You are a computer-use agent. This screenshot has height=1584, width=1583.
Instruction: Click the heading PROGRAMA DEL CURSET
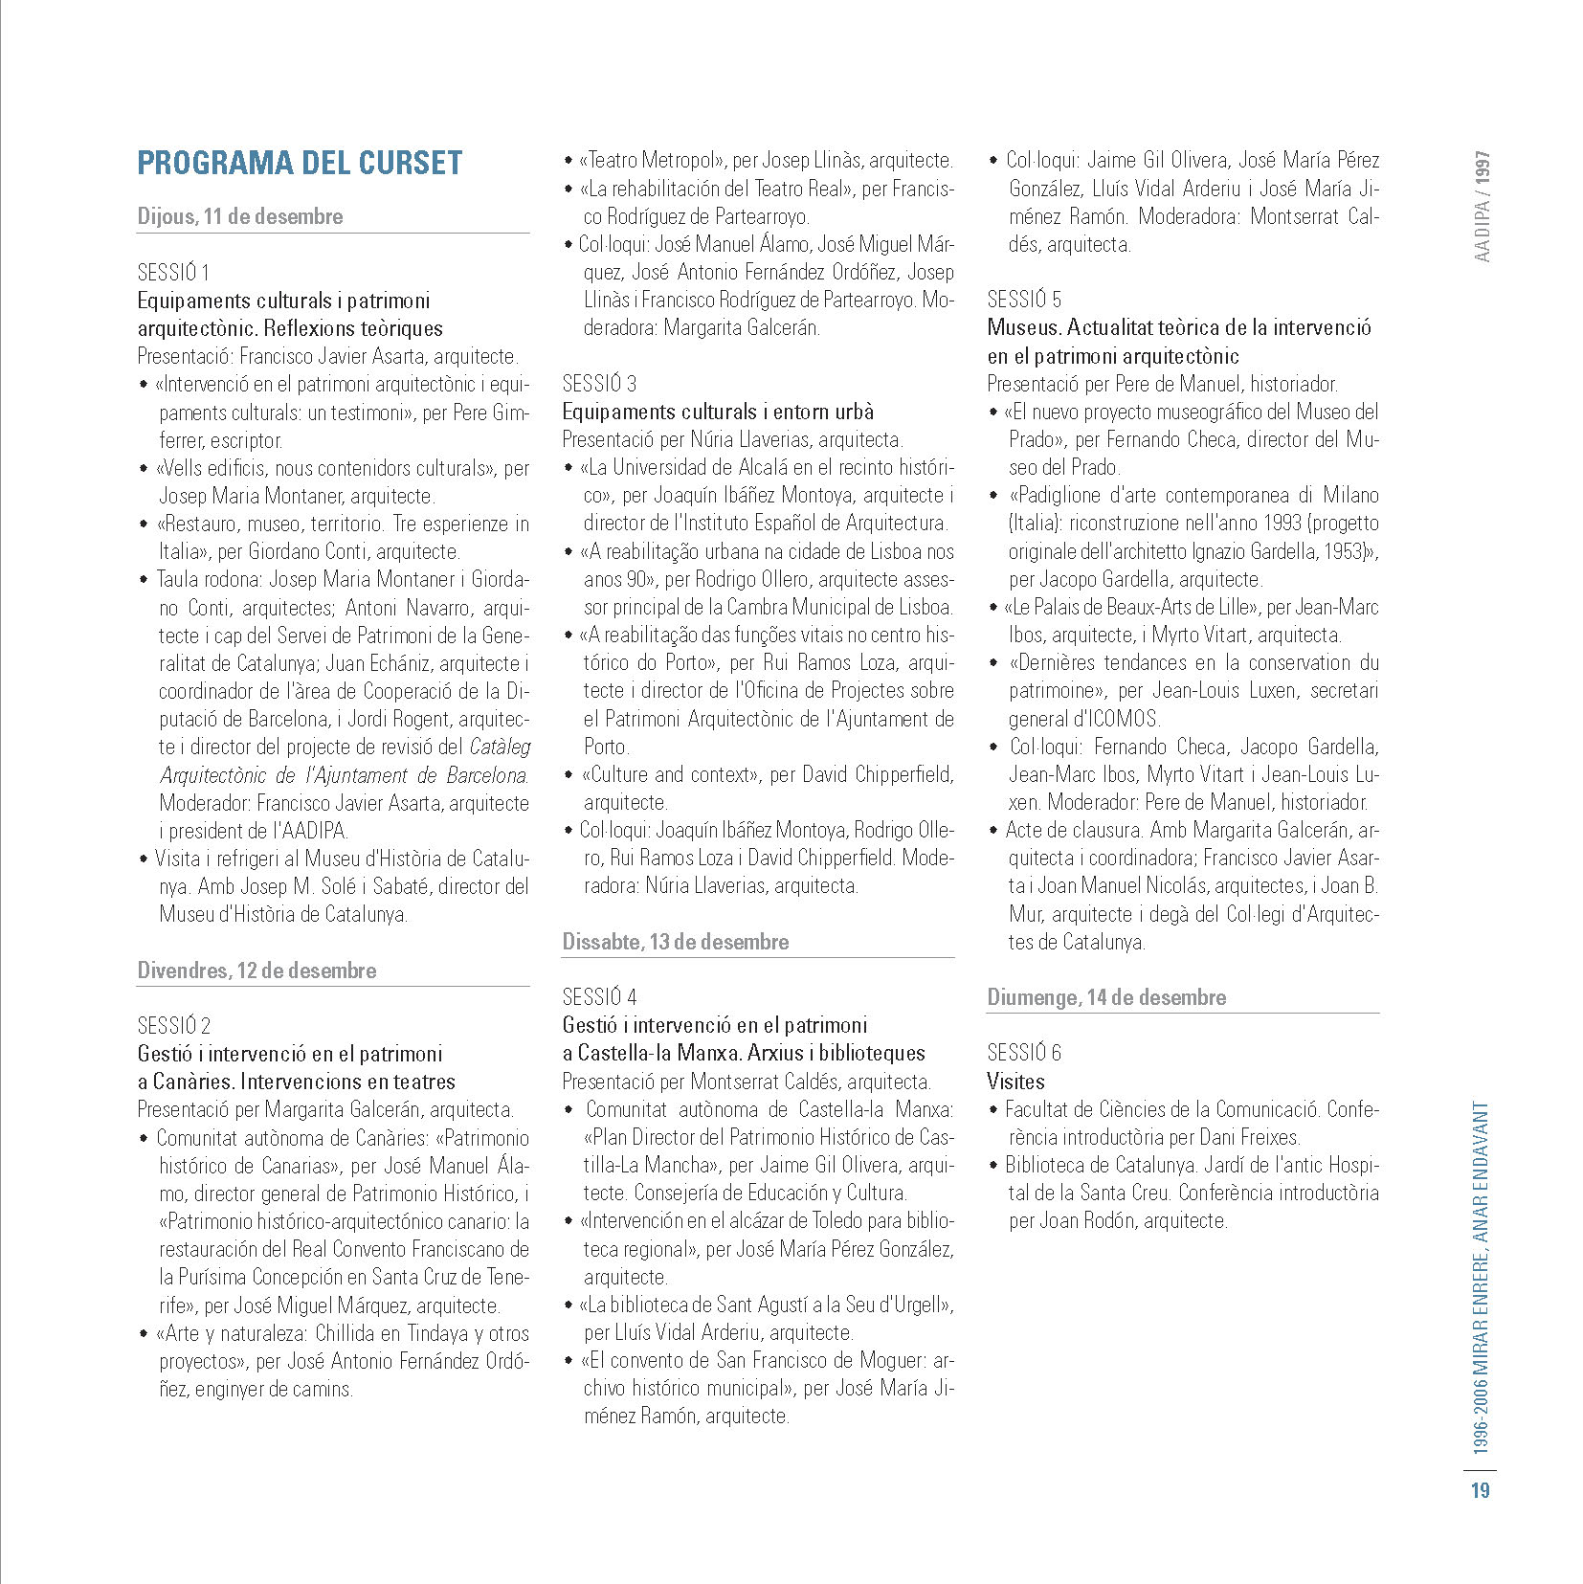pyautogui.click(x=300, y=163)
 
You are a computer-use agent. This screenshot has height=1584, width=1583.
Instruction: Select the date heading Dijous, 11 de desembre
pyautogui.click(x=240, y=216)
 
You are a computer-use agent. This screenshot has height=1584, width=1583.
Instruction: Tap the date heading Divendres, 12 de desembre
pyautogui.click(x=256, y=970)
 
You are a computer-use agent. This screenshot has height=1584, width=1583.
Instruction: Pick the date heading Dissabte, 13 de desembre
pyautogui.click(x=675, y=942)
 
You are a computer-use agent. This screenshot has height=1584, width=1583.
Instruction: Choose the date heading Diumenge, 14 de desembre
pyautogui.click(x=1106, y=997)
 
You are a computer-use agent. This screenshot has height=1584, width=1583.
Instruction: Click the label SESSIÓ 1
pyautogui.click(x=173, y=273)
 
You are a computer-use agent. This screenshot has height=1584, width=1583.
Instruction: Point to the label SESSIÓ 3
pyautogui.click(x=599, y=384)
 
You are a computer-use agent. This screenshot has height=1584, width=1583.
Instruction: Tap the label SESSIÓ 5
pyautogui.click(x=1024, y=300)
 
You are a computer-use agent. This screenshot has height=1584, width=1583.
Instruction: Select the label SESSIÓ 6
pyautogui.click(x=1024, y=1054)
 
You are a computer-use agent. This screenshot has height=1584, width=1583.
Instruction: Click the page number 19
pyautogui.click(x=1481, y=1490)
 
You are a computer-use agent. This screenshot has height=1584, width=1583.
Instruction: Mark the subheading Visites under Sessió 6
pyautogui.click(x=1015, y=1082)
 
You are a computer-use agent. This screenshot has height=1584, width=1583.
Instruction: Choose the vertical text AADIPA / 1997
pyautogui.click(x=1483, y=206)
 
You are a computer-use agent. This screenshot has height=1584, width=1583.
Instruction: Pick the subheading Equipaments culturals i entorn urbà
pyautogui.click(x=718, y=412)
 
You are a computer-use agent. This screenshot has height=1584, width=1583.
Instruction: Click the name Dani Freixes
pyautogui.click(x=1248, y=1138)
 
